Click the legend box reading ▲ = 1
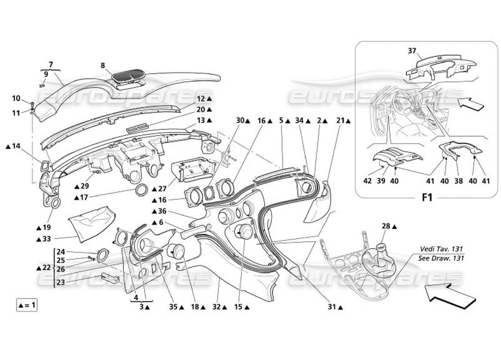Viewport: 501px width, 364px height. click(26, 305)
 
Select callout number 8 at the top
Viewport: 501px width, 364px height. click(104, 65)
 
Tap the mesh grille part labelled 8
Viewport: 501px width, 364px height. click(130, 75)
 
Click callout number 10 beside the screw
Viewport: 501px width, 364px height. click(16, 98)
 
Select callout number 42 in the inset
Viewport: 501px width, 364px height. click(368, 181)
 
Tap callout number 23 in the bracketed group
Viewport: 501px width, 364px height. click(61, 282)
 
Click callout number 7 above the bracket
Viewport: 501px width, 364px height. click(51, 64)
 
